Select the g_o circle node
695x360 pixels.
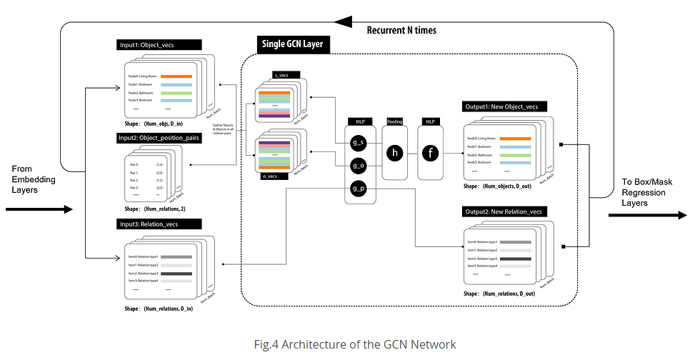[359, 166]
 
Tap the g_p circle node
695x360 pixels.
[359, 189]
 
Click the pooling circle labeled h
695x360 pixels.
[395, 152]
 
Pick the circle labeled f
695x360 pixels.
[431, 152]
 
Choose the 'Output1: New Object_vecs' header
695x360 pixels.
[505, 106]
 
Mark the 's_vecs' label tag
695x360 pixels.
[285, 75]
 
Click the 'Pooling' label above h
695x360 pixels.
[395, 122]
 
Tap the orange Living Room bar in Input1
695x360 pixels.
[176, 76]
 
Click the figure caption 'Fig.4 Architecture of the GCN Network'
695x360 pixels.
[354, 344]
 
